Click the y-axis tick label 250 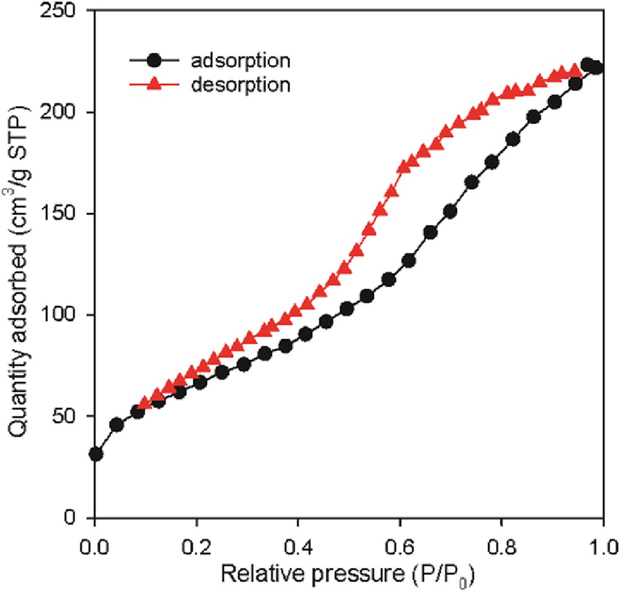(x=68, y=11)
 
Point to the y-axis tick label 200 (x=68, y=112)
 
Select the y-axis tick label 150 (x=68, y=213)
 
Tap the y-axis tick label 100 (x=68, y=314)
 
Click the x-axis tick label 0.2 (x=197, y=547)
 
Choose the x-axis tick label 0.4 (x=298, y=547)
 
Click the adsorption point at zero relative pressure (x=95, y=454)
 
